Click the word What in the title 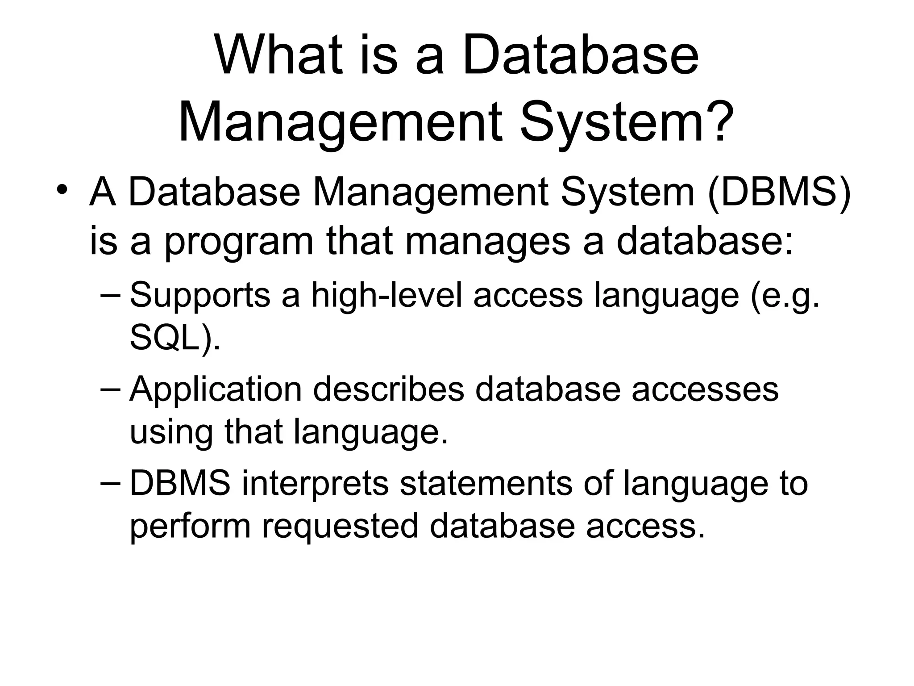click(x=279, y=57)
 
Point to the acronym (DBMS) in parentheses click(x=779, y=193)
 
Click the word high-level click(x=386, y=296)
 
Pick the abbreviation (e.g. click(x=785, y=296)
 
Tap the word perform click(x=190, y=526)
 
